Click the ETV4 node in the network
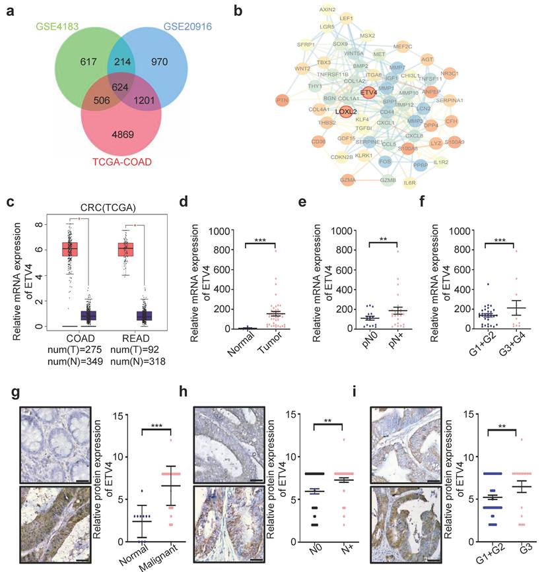tap(368, 93)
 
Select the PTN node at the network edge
tap(283, 100)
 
